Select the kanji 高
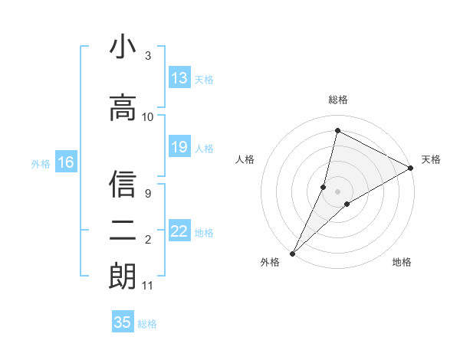coord(123,107)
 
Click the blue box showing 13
coord(179,78)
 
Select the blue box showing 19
coord(179,147)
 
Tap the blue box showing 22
coord(179,231)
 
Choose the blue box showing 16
coord(66,162)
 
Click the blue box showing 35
coord(123,322)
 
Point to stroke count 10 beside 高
coord(148,116)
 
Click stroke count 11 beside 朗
coord(148,286)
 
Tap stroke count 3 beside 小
coord(148,56)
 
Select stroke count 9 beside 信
coord(148,194)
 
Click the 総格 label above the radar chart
coord(338,100)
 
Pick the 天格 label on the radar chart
coord(431,159)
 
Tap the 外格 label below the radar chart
coord(270,262)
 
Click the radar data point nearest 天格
coord(411,169)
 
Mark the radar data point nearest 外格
coord(293,253)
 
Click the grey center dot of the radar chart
coord(337,191)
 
